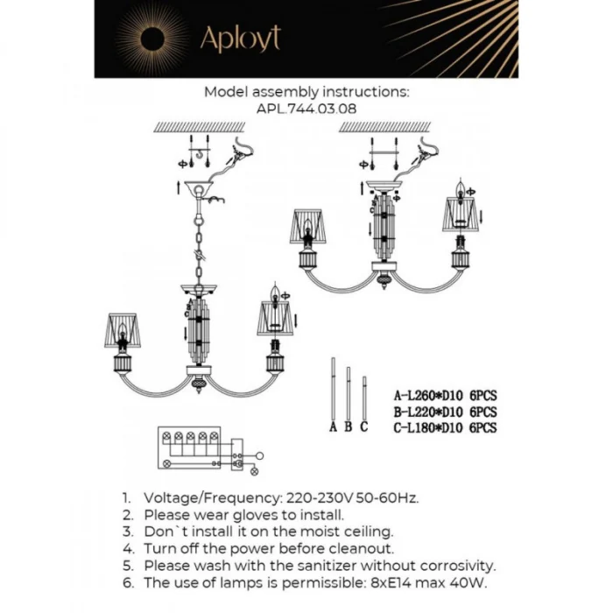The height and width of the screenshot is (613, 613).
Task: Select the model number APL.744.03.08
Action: point(306,108)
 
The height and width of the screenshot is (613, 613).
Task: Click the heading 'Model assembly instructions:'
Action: point(306,91)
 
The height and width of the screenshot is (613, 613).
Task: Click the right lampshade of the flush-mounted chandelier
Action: point(462,213)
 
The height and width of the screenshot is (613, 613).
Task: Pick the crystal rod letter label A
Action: point(333,427)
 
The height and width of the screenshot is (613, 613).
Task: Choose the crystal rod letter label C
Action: point(363,427)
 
